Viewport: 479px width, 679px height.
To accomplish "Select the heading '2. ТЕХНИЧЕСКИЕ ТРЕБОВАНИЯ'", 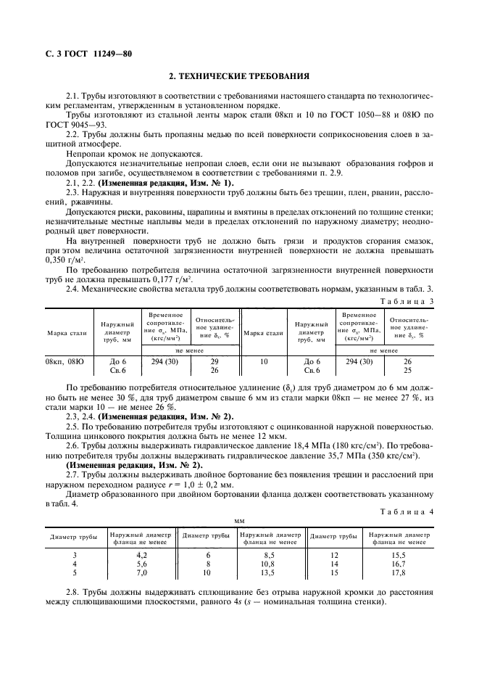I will pyautogui.click(x=239, y=75).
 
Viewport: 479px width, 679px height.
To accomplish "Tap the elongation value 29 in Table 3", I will pyautogui.click(x=214, y=361).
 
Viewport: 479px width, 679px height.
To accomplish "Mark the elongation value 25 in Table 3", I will pyautogui.click(x=407, y=369).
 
